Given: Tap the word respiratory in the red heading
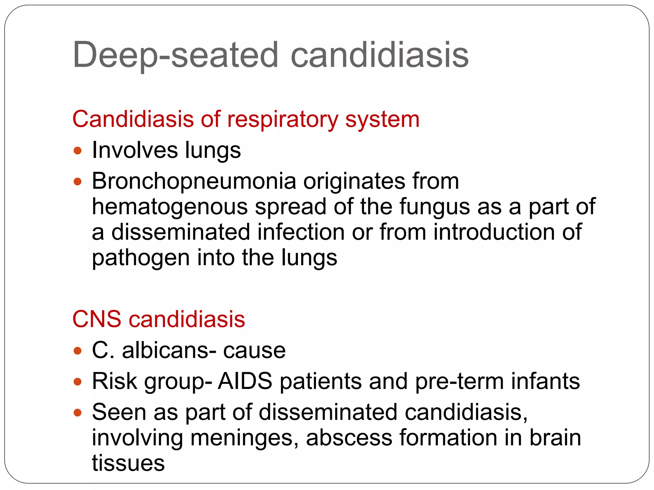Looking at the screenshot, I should pyautogui.click(x=282, y=120).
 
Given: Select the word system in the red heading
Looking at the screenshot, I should pyautogui.click(x=382, y=120).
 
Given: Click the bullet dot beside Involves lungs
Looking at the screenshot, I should pyautogui.click(x=78, y=151).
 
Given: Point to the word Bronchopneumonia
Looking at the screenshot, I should pyautogui.click(x=194, y=181).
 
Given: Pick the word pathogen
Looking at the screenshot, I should pyautogui.click(x=141, y=258).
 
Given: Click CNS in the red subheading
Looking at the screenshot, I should pyautogui.click(x=97, y=319).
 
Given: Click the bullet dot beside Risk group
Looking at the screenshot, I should pyautogui.click(x=78, y=382).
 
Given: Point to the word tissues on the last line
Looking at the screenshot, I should pyautogui.click(x=128, y=463).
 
